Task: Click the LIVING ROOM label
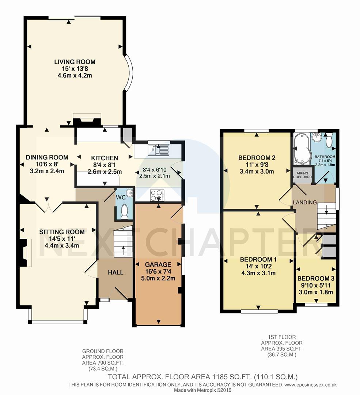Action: [x=75, y=62]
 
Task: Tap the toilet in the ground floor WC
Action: [x=124, y=212]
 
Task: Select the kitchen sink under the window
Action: [x=159, y=149]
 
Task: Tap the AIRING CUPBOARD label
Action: [x=302, y=175]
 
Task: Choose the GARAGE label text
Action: [x=158, y=264]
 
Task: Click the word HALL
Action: [x=115, y=272]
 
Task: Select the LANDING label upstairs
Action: [x=305, y=202]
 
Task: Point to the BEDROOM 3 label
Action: [x=316, y=278]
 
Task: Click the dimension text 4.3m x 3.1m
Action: [x=258, y=273]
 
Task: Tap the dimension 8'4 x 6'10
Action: [x=155, y=170]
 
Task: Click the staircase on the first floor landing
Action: [x=326, y=216]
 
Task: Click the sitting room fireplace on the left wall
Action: [x=26, y=253]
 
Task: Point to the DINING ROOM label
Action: [x=47, y=157]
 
